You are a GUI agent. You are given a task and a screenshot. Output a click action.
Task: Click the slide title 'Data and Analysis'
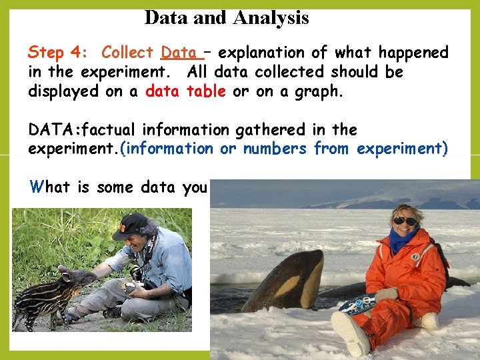(227, 17)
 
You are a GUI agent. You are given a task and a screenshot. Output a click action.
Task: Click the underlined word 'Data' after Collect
(178, 52)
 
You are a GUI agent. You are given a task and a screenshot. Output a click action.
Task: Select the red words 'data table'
(185, 91)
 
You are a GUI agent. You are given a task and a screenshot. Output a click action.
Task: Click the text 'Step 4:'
(59, 52)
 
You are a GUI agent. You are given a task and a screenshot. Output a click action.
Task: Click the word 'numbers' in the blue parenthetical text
(275, 148)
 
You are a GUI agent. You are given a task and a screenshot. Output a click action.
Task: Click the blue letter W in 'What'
(35, 187)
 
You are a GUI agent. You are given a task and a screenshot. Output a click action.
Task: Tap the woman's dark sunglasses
(404, 221)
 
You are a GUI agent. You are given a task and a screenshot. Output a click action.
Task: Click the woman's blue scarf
(403, 239)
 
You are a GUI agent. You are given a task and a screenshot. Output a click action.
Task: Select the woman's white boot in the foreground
(350, 333)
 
